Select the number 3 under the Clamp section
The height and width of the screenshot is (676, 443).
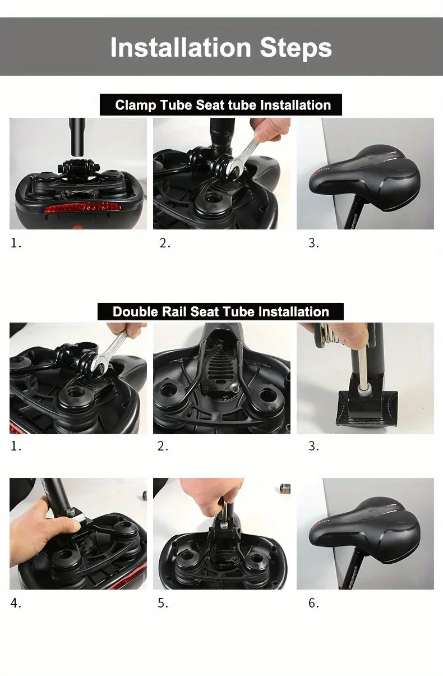click(x=313, y=243)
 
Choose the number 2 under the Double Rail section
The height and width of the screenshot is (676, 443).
click(x=162, y=447)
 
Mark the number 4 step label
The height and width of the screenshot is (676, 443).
click(x=15, y=604)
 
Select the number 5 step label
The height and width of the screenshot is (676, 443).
click(x=162, y=604)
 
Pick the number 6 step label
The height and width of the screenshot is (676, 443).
click(x=313, y=604)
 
